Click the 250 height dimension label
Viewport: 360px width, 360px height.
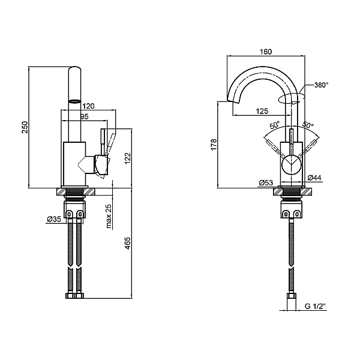(25, 127)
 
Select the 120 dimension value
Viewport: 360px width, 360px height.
(88, 106)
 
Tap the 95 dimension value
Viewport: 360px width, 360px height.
(84, 116)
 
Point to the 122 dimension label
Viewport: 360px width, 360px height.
(128, 158)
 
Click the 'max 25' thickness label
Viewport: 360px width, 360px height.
(109, 216)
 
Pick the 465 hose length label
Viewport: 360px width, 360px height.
(127, 243)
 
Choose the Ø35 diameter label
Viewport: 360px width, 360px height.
(54, 219)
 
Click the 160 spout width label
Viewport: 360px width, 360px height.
(266, 52)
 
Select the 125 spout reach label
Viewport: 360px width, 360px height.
(262, 111)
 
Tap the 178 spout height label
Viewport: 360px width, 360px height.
(214, 145)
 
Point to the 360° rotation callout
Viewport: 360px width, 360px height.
(321, 85)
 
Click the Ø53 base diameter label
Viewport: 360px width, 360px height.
(266, 183)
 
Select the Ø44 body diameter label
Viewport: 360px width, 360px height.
(314, 178)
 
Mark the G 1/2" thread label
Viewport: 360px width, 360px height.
(316, 306)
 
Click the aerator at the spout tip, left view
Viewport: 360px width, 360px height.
(75, 101)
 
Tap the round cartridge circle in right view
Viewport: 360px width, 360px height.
(292, 164)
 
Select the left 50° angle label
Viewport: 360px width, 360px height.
(275, 125)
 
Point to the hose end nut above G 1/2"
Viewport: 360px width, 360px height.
(292, 296)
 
